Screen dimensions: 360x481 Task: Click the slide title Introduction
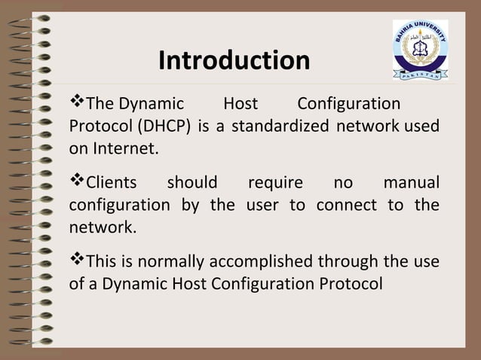pos(234,60)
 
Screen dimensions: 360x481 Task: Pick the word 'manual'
pos(411,183)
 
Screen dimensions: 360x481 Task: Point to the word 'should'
pos(191,183)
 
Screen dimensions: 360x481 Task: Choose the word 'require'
pos(275,183)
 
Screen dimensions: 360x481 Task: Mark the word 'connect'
pos(348,205)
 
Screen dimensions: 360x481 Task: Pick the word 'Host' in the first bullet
pos(240,104)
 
